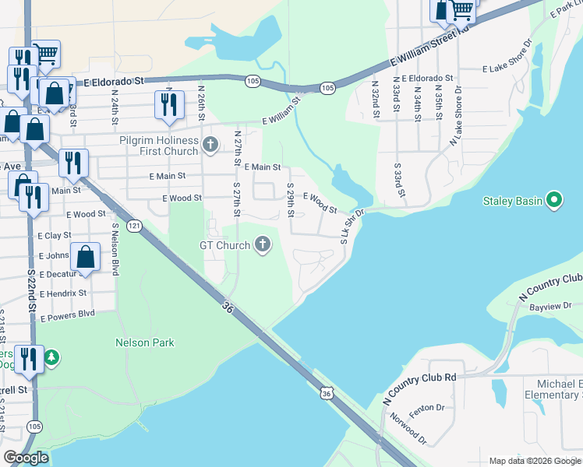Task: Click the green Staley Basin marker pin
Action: point(554,201)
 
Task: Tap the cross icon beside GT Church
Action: point(263,246)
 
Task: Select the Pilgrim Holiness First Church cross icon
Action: point(210,144)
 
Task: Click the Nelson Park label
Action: point(145,342)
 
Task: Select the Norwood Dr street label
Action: point(410,429)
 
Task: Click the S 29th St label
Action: point(290,201)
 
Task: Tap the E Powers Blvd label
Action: point(66,315)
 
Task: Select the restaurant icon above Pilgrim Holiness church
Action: point(169,105)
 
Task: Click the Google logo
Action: point(26,458)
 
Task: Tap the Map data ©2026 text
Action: point(534,461)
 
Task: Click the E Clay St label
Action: point(54,234)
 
